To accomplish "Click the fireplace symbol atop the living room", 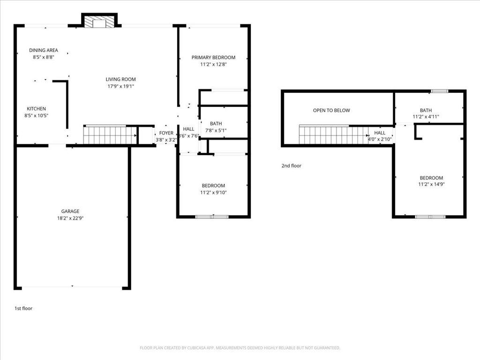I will (x=99, y=23).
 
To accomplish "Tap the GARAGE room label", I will (x=70, y=211).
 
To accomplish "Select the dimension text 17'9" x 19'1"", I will (x=120, y=86).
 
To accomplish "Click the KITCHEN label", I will (x=36, y=109).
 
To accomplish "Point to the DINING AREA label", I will (x=44, y=50).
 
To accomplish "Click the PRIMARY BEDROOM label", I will (x=213, y=58).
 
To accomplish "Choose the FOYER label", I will (x=166, y=133).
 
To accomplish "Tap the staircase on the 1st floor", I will (x=110, y=135).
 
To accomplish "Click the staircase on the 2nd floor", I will (x=333, y=135).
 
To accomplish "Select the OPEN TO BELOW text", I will (x=331, y=111).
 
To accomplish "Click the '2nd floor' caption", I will (x=292, y=165).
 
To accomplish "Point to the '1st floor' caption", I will (x=23, y=308).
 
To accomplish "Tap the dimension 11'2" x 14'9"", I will (x=431, y=184).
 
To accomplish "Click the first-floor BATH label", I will (x=216, y=124).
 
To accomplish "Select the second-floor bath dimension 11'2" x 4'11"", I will (x=426, y=117).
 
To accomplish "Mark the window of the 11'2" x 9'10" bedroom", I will (x=212, y=217).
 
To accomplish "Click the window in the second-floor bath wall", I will (x=439, y=91).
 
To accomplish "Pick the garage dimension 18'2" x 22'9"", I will (x=70, y=218).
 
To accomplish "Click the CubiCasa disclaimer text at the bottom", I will (x=240, y=348).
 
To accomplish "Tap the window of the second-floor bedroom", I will (x=430, y=217).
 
